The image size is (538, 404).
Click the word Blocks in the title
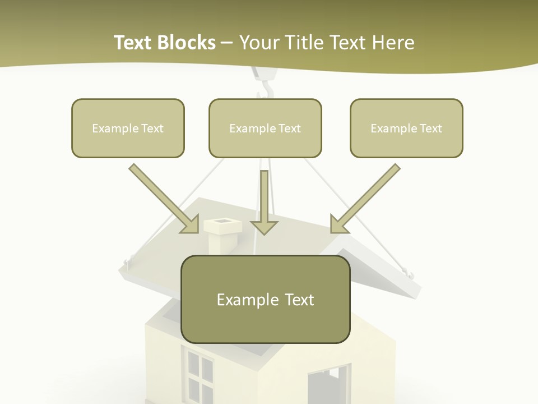[188, 43]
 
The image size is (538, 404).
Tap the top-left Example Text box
[128, 128]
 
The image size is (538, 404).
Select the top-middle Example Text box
[265, 128]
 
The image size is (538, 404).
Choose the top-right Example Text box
[406, 128]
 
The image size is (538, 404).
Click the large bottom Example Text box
[265, 299]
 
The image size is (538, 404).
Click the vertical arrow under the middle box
[264, 202]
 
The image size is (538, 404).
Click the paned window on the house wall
[198, 373]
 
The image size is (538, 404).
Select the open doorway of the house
[328, 384]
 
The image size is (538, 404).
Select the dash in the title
[227, 43]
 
